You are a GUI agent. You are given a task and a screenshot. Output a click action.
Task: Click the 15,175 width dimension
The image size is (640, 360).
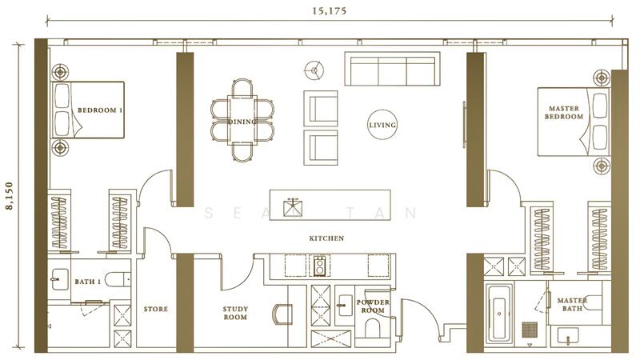[x=330, y=11]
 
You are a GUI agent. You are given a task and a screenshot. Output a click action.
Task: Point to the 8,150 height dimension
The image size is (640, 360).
[x=9, y=196]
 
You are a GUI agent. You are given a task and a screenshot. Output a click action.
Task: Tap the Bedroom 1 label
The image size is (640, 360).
[x=100, y=110]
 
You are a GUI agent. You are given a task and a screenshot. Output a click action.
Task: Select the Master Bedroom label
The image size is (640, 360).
[x=564, y=113]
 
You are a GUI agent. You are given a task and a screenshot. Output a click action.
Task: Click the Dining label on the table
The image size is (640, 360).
[x=242, y=122]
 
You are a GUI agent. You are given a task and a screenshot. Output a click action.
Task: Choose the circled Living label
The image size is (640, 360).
[x=382, y=125]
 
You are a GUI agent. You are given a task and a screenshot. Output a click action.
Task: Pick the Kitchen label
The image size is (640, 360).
[x=326, y=238]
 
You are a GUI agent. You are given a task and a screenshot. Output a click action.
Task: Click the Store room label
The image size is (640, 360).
[x=155, y=309]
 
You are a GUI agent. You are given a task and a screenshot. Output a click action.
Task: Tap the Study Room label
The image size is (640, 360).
[x=235, y=313]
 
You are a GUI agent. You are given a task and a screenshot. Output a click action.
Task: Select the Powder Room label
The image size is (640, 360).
[x=373, y=306]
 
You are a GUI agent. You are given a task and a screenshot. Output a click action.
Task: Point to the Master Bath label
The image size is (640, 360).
[x=572, y=305]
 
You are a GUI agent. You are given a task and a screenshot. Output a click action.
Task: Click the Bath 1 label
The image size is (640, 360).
[x=87, y=282]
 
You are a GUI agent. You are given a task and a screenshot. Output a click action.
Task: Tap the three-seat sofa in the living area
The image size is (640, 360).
[x=392, y=69]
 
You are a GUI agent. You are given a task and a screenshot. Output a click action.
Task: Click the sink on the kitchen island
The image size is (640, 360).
[x=293, y=207]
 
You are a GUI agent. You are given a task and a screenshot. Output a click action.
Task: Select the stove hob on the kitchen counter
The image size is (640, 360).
[x=319, y=266]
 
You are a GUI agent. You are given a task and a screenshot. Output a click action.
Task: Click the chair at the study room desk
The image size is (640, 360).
[x=282, y=314]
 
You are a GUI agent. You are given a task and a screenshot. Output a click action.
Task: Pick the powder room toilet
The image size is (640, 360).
[x=372, y=329]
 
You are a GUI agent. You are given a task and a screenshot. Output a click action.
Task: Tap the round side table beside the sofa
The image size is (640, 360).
[x=314, y=70]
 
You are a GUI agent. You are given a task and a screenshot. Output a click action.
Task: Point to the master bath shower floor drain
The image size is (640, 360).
[x=530, y=330]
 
